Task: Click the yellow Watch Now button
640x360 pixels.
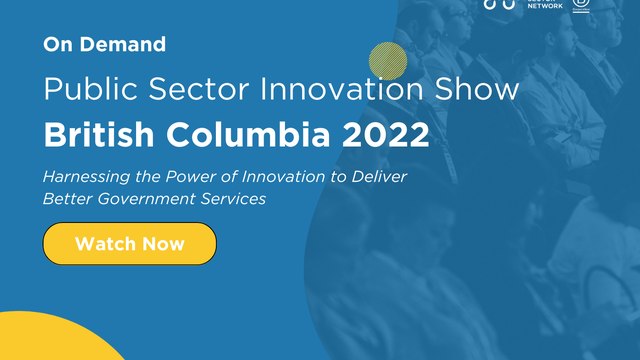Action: pos(129,243)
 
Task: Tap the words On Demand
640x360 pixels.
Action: pos(104,44)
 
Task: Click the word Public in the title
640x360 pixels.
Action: pos(86,89)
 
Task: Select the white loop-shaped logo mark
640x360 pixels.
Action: pos(499,4)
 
